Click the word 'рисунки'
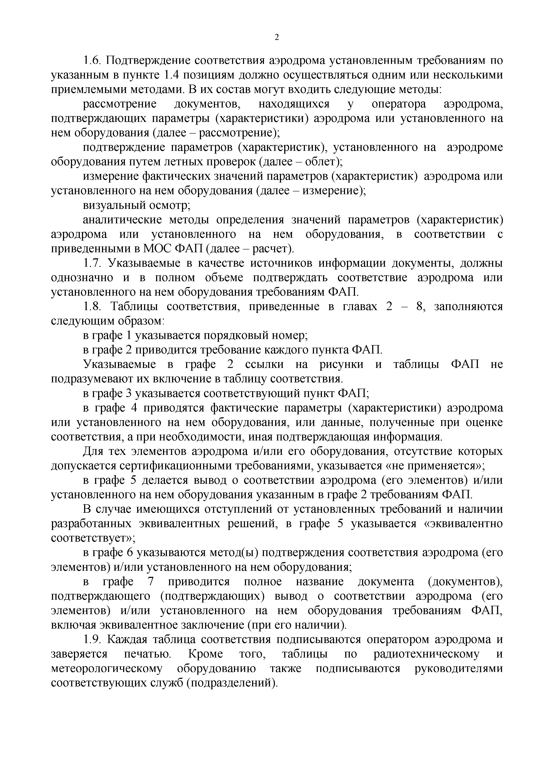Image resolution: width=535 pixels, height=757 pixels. [341, 364]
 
